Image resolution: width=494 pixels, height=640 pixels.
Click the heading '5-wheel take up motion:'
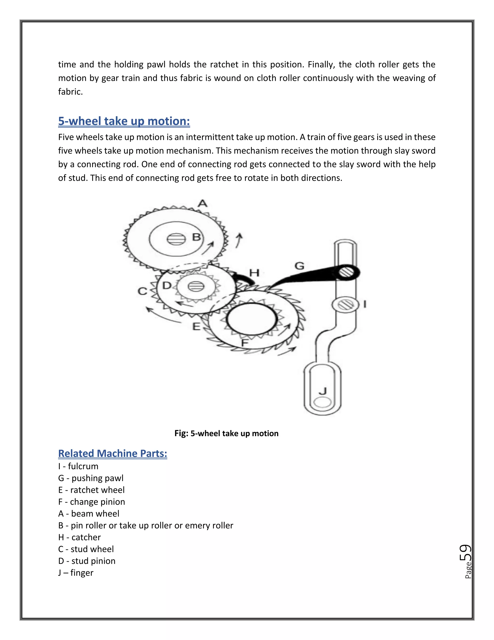click(124, 121)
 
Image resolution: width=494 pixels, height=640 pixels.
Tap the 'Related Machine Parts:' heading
click(112, 453)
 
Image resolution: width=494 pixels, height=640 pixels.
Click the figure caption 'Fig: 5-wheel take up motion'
click(226, 434)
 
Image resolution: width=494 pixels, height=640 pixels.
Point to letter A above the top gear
click(203, 203)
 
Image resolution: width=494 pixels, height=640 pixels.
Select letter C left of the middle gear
click(143, 291)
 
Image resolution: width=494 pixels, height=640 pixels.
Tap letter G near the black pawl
click(299, 266)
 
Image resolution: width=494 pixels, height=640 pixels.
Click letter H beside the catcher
click(254, 273)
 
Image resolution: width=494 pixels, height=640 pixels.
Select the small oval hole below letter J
click(322, 402)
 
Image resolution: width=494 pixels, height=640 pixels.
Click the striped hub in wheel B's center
click(176, 239)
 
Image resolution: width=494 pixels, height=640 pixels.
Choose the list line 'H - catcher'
click(79, 537)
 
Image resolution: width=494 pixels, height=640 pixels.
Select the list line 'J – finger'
click(75, 573)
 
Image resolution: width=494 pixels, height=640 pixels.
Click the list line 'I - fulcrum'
click(78, 466)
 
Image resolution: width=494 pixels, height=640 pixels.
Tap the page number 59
click(465, 553)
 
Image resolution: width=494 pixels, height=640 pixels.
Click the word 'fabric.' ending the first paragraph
click(70, 92)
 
